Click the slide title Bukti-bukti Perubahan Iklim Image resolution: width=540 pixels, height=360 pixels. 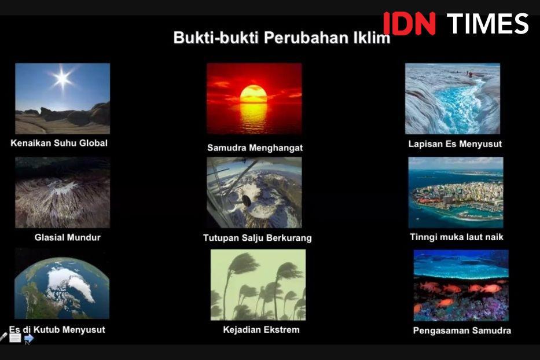(x=282, y=38)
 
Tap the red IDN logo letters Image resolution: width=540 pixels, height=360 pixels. (x=409, y=23)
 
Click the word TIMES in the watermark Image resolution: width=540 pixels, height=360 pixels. (x=487, y=23)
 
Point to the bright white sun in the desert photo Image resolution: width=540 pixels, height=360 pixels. (x=63, y=79)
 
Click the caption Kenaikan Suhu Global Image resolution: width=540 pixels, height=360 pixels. (x=59, y=143)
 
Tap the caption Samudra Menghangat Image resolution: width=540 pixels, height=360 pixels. (x=255, y=148)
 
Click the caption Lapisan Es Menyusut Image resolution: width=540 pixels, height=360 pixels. (x=455, y=144)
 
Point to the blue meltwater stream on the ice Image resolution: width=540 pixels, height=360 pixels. (x=456, y=104)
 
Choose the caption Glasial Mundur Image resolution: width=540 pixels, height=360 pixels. (x=68, y=237)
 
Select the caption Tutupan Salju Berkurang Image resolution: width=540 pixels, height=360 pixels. (x=257, y=238)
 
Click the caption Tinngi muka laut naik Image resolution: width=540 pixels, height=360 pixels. (x=456, y=237)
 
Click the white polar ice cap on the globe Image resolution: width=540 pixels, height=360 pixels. (x=71, y=282)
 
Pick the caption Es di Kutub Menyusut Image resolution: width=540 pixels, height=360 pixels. (x=57, y=330)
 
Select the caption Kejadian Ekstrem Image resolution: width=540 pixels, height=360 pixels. (x=261, y=330)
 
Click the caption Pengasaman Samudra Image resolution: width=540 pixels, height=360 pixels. (x=462, y=330)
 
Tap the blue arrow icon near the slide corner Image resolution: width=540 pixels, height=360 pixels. (x=29, y=339)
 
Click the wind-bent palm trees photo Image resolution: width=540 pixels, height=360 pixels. (x=258, y=285)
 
